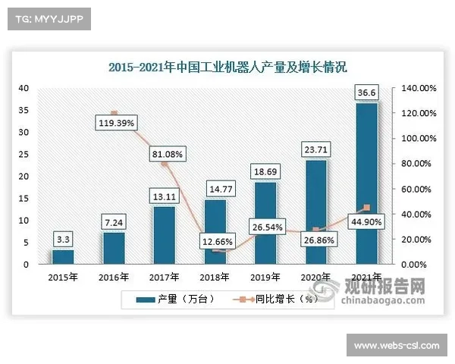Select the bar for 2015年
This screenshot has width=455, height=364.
point(63,257)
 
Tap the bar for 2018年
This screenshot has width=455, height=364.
point(215,232)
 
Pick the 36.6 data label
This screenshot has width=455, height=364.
point(367,93)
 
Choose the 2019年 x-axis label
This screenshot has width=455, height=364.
point(265,277)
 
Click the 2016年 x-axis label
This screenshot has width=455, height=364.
point(114,277)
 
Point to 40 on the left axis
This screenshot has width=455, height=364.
point(24,89)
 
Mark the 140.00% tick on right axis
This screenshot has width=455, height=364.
point(417,89)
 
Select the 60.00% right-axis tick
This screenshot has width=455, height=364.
point(417,189)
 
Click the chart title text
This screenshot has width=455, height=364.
point(227,67)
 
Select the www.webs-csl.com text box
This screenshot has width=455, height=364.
point(396,346)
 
